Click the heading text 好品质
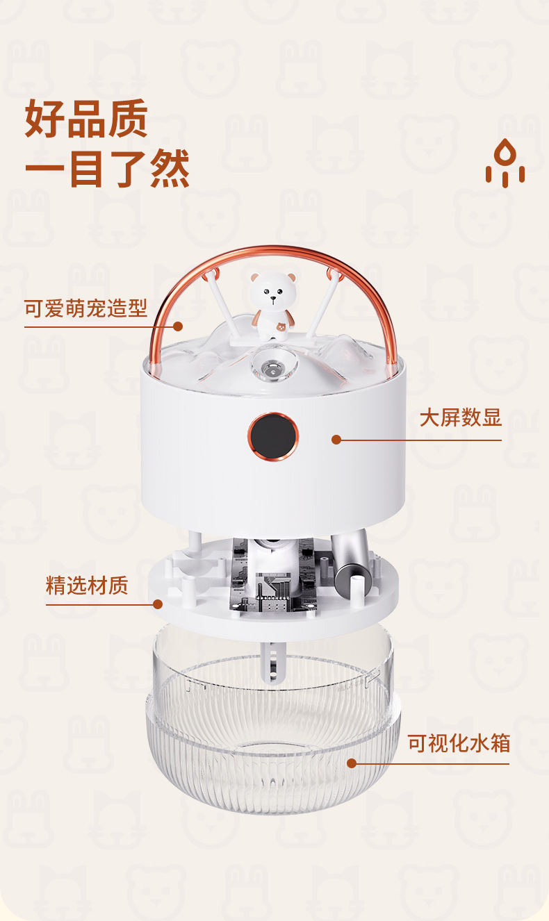[x=86, y=119]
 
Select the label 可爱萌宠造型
[x=86, y=308]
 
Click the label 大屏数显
[x=460, y=418]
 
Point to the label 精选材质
[x=87, y=585]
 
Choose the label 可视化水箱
[x=459, y=743]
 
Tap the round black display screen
[x=272, y=436]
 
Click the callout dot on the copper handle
[x=178, y=326]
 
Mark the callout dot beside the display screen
[x=336, y=439]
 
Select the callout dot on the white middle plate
[x=158, y=604]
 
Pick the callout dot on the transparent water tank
[x=351, y=763]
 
